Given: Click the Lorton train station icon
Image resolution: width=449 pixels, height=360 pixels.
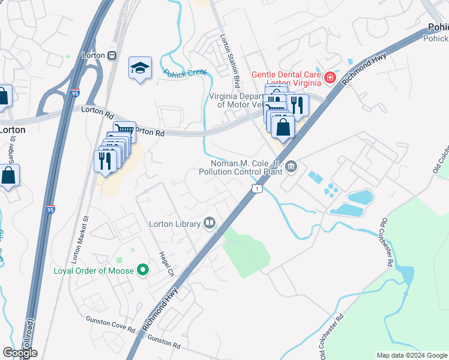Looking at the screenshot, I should (x=112, y=55).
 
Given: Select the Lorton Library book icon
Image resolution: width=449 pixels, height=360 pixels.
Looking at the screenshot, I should (x=209, y=223).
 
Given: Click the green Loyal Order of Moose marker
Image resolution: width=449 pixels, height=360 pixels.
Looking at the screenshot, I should (x=143, y=271).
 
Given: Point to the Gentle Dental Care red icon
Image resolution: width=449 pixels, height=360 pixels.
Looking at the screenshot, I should (x=329, y=77).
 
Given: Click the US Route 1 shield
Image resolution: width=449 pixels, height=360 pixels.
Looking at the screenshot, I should (x=257, y=189).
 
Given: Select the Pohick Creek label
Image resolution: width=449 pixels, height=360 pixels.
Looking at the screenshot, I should (x=185, y=73).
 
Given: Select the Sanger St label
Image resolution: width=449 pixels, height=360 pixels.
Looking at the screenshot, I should (x=13, y=148).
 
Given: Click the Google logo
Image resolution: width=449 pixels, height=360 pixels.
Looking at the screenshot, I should (x=20, y=353).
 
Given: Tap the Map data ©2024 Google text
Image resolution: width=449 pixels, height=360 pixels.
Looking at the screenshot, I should (x=411, y=355).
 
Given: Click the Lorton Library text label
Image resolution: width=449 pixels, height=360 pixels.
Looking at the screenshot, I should (x=175, y=224).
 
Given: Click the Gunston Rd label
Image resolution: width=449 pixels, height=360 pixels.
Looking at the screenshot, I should (x=164, y=343).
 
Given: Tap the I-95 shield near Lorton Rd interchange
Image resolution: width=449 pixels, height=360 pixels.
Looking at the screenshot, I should (x=74, y=94).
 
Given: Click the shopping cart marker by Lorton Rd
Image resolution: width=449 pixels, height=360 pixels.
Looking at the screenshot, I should (x=125, y=131).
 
